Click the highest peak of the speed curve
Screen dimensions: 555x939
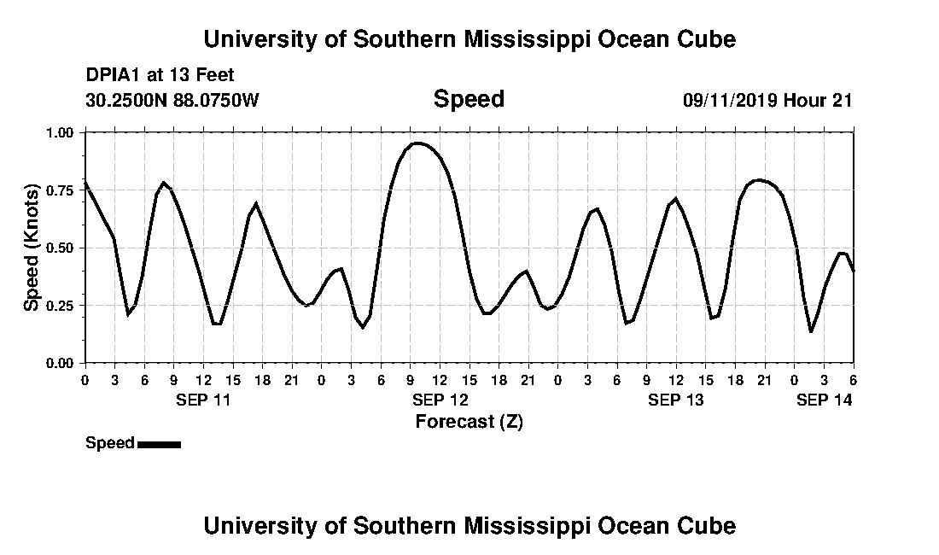(x=417, y=143)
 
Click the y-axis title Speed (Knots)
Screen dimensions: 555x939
(x=32, y=248)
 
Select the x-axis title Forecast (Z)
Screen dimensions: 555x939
(x=469, y=422)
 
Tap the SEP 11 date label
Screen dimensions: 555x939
(x=202, y=400)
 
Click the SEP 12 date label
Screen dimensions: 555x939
(x=439, y=400)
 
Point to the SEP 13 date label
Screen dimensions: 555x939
(x=675, y=400)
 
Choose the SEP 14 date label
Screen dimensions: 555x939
(x=824, y=400)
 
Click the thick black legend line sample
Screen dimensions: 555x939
(x=159, y=444)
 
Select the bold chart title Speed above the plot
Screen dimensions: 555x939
(x=469, y=99)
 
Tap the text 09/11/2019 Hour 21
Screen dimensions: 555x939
(x=767, y=101)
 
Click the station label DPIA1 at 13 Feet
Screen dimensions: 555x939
(x=160, y=75)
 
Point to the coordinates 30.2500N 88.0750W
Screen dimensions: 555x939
(x=172, y=101)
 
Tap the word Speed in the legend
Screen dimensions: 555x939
(x=110, y=443)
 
